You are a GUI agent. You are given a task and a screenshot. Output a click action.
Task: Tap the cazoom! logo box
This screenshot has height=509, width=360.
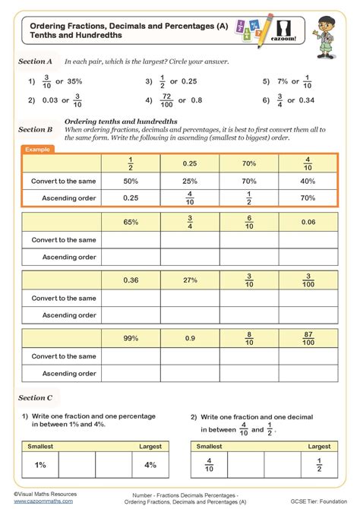click(288, 34)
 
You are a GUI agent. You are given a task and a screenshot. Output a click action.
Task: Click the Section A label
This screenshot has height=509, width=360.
click(36, 61)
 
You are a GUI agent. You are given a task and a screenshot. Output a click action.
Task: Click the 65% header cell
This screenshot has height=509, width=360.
click(130, 222)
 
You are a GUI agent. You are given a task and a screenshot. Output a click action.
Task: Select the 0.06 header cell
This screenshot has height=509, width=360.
click(308, 222)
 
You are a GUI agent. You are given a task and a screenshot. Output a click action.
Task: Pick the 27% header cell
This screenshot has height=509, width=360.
click(189, 280)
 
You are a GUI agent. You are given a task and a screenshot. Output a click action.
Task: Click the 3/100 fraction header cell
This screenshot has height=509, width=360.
click(308, 280)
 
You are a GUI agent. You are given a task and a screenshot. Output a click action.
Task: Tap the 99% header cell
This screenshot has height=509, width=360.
click(130, 337)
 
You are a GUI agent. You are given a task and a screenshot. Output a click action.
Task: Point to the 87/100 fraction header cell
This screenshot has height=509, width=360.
click(308, 337)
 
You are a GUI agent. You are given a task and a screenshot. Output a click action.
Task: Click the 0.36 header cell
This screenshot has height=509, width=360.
click(130, 280)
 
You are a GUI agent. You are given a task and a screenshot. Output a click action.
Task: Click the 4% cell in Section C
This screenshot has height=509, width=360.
click(150, 464)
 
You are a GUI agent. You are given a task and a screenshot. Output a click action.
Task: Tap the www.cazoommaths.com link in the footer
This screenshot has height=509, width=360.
click(43, 501)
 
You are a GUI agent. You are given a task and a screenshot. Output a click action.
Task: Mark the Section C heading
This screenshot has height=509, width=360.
click(36, 397)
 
